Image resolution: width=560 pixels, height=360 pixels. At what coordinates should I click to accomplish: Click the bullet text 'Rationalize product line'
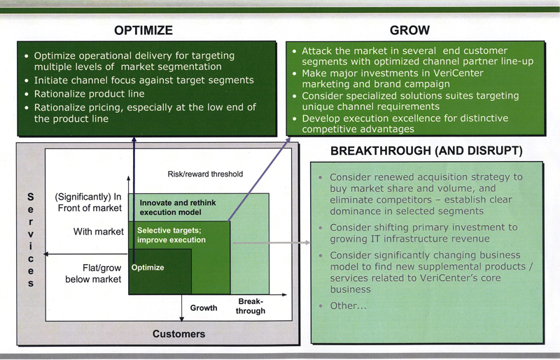[89, 94]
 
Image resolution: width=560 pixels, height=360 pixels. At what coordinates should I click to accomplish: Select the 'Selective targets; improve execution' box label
[171, 235]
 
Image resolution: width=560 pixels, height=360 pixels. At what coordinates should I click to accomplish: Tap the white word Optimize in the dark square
[148, 268]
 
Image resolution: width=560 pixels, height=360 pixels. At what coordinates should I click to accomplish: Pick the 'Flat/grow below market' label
[94, 274]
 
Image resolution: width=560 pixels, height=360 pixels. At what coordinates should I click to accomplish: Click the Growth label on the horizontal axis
[204, 307]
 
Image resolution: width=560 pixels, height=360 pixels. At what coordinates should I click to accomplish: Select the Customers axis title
[178, 334]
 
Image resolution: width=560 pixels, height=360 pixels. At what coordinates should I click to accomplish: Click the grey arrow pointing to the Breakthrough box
[273, 244]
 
